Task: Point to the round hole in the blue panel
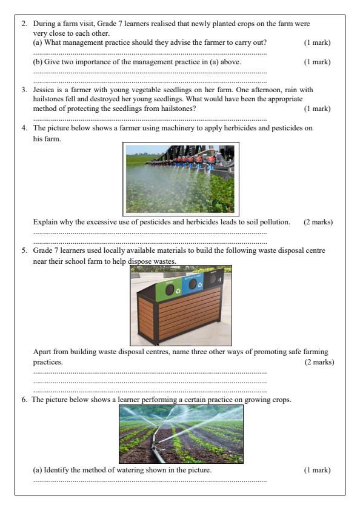coord(192,284)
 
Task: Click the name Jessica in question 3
coord(45,90)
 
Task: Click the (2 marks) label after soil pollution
coord(318,222)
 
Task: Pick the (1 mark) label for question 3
coord(317,109)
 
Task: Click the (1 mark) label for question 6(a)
coord(317,470)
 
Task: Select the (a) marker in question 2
coord(38,42)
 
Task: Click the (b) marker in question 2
coord(38,62)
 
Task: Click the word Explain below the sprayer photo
coord(45,222)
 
